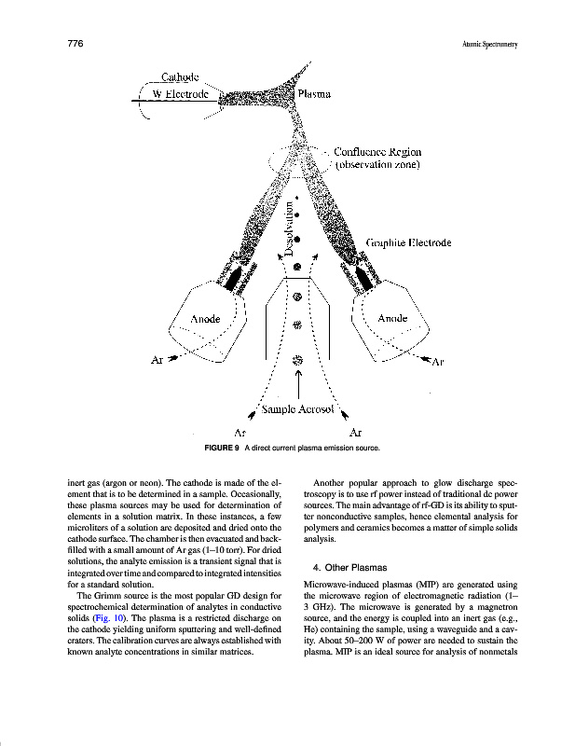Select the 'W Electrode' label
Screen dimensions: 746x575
179,93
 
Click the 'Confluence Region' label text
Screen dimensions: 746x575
376,151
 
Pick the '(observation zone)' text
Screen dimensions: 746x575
377,165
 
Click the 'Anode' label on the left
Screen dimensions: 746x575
206,318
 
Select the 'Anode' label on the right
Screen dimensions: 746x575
393,318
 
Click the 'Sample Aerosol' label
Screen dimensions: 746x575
297,408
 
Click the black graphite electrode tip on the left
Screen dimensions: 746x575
231,277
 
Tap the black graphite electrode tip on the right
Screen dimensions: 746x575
363,278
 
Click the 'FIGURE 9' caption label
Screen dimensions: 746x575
222,449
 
